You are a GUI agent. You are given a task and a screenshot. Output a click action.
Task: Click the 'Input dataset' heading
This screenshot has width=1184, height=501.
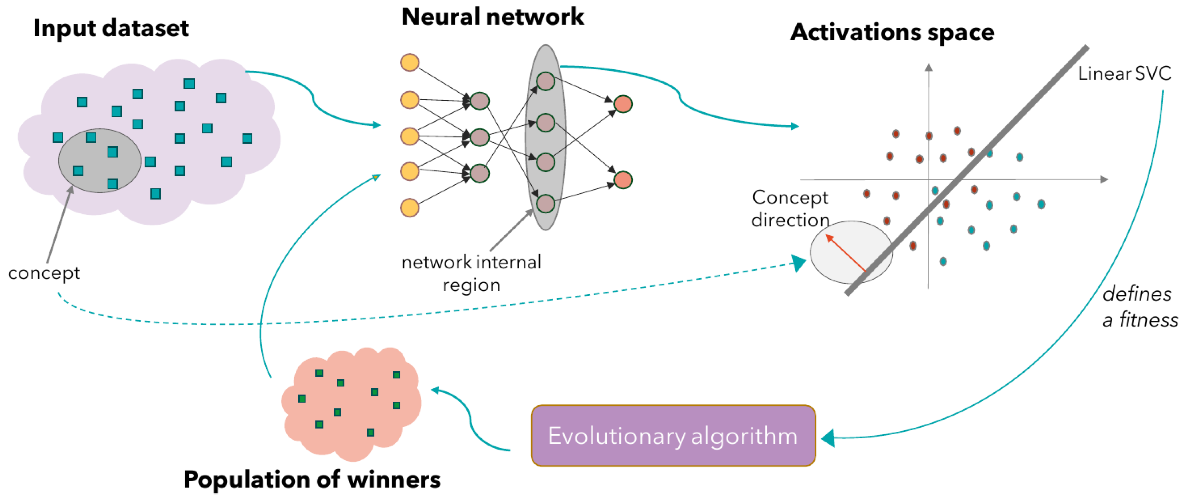[x=111, y=29]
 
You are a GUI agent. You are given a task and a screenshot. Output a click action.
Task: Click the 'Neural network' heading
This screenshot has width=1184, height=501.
[x=492, y=17]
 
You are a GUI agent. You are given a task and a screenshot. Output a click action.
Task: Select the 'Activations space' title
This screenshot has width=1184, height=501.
[x=892, y=32]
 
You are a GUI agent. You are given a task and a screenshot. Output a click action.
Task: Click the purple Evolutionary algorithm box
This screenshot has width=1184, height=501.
[x=673, y=435]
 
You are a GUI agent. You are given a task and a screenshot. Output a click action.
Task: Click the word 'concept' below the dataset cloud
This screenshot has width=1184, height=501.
[x=44, y=273]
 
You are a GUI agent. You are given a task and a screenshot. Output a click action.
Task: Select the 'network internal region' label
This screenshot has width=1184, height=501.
[x=471, y=273]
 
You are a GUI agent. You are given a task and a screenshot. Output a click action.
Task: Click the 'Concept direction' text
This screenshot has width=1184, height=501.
[x=790, y=209]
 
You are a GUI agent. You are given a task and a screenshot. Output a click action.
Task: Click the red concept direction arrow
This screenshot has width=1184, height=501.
[x=846, y=253]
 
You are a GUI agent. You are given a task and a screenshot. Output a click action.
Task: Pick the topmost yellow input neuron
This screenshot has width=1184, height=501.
[x=410, y=63]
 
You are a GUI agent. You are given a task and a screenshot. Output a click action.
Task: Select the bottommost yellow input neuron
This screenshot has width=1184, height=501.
[x=410, y=207]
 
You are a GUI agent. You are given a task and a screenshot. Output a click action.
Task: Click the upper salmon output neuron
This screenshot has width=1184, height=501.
[x=623, y=104]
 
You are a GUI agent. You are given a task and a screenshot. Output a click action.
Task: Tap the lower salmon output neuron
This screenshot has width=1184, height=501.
[x=623, y=180]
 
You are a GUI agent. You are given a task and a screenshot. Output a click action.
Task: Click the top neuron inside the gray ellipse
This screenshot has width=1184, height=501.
[x=546, y=81]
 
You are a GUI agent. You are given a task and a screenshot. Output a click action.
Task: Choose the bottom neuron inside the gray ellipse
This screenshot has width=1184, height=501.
[x=546, y=204]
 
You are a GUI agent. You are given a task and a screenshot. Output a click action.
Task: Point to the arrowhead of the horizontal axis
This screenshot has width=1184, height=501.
[x=1103, y=180]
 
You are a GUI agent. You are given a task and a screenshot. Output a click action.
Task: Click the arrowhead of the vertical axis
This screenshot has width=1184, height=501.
[x=929, y=68]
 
